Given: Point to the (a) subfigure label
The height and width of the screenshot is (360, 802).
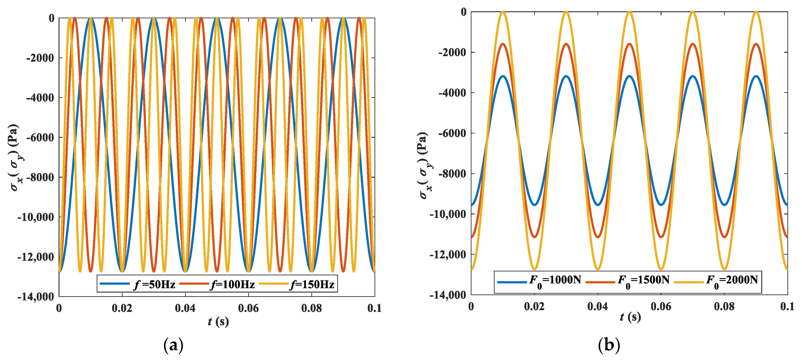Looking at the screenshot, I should tap(173, 345).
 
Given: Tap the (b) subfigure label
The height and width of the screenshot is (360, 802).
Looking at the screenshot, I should tap(609, 345).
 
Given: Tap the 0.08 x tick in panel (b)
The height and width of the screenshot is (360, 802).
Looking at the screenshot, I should tap(724, 306).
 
